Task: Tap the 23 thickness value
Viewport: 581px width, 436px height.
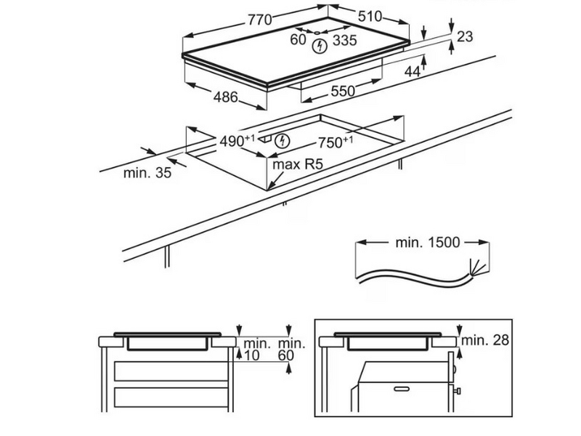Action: point(466,36)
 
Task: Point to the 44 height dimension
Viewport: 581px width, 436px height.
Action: point(413,71)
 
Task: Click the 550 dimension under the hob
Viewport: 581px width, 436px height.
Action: point(343,91)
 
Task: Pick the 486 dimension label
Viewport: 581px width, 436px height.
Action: point(225,97)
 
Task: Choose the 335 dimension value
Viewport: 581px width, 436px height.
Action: point(344,41)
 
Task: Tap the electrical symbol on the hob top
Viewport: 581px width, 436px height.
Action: point(317,47)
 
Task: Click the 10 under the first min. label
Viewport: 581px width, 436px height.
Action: point(252,356)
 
